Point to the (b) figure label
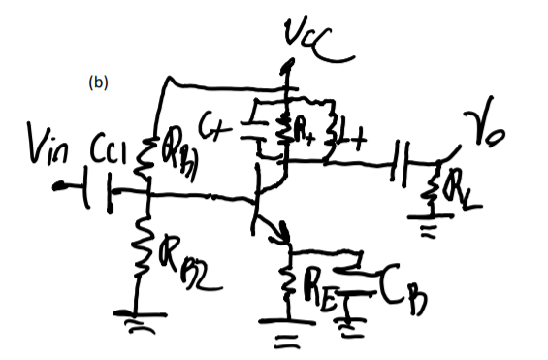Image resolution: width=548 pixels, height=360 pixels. (x=98, y=82)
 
